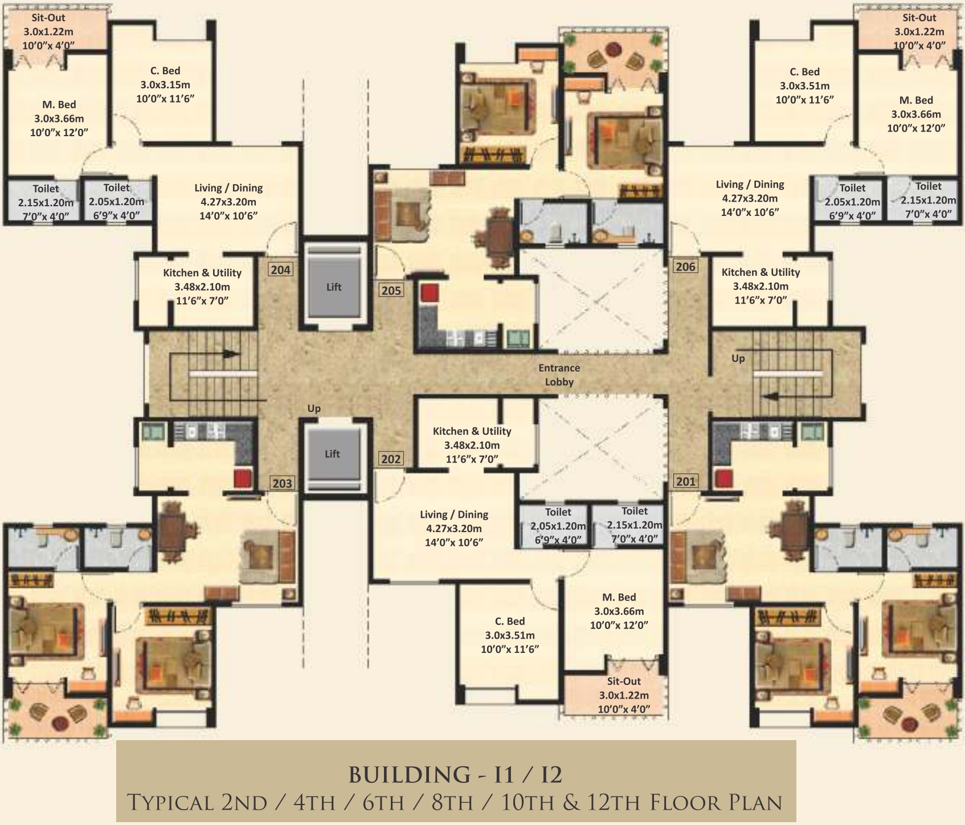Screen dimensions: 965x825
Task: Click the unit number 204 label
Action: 280,269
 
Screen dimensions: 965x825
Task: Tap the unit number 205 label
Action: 391,290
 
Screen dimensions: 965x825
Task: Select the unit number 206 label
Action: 685,266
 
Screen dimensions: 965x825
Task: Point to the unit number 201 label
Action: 686,481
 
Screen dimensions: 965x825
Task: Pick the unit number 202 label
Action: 391,459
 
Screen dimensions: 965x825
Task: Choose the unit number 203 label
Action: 282,483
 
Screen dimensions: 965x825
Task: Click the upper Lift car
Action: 334,287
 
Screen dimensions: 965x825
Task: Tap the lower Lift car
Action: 333,454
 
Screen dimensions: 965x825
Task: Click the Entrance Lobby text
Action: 559,375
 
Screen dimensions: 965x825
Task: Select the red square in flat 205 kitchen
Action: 430,293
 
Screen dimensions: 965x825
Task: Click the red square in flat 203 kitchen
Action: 243,478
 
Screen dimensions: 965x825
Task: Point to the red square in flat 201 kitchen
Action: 724,478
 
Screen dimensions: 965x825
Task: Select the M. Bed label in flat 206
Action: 916,100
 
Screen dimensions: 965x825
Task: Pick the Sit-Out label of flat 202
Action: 624,681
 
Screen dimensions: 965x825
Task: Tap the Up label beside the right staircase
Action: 738,359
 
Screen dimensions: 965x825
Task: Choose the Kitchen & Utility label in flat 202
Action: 472,431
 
